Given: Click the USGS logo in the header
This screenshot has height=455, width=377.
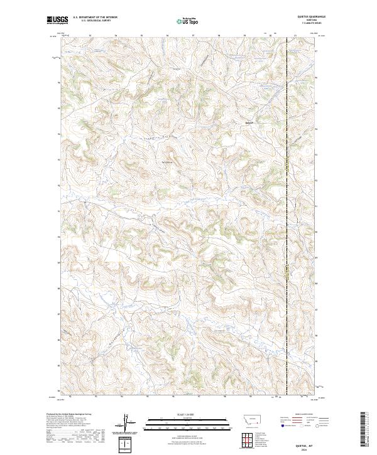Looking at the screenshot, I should point(57,20).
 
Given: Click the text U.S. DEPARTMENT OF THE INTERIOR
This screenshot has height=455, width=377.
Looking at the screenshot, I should point(95,18).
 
